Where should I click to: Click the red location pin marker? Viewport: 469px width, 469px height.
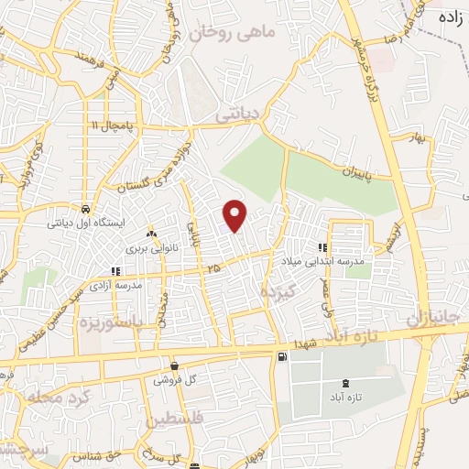235,214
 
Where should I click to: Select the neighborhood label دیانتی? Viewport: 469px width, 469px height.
237,117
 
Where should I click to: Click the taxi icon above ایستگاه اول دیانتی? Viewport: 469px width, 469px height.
84,207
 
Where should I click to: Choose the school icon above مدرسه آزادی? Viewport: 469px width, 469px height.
115,271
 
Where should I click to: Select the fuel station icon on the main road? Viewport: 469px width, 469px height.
279,356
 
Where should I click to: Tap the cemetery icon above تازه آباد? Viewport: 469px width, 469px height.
345,383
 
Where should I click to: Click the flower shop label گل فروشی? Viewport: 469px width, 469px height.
172,379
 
